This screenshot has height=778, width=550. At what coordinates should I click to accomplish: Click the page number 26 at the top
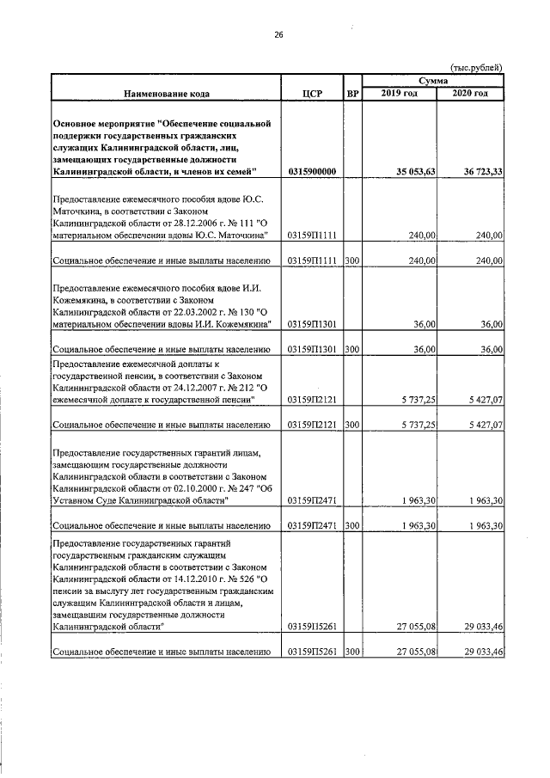(x=278, y=35)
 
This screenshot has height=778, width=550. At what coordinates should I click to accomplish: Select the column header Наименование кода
(x=166, y=93)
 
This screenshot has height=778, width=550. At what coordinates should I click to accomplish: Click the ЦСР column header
(x=313, y=93)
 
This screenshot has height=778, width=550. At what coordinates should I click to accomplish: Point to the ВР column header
(x=351, y=93)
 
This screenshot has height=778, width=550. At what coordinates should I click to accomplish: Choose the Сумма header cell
(x=433, y=79)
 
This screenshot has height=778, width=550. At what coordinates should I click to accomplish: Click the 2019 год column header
(x=400, y=93)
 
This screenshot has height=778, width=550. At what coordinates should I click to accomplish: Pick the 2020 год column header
(x=471, y=93)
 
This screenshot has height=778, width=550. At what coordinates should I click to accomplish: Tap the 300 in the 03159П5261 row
(x=351, y=652)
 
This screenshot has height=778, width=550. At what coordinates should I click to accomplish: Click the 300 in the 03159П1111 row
(x=351, y=260)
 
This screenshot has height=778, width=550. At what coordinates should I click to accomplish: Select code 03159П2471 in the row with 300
(x=313, y=524)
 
